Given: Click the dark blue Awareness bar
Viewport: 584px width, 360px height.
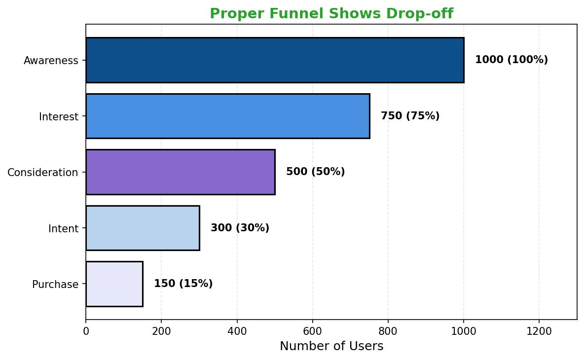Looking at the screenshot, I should tap(275, 60).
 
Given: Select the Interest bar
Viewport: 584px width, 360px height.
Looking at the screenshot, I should tap(227, 116).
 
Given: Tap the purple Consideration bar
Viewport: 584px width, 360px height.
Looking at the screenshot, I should tap(180, 172).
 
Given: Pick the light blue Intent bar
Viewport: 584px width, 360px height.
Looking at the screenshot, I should tap(143, 228).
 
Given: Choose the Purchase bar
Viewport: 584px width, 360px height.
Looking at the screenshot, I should tap(114, 284).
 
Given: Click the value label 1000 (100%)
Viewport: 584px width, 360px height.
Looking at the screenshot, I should tap(511, 60).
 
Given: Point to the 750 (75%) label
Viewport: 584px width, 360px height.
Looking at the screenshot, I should tap(410, 116).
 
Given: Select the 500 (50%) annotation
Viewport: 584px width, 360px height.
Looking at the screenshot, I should tap(315, 172).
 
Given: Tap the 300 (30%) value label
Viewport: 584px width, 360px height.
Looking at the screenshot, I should tap(240, 228).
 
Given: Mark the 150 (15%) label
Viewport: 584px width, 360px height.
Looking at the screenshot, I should tap(183, 284).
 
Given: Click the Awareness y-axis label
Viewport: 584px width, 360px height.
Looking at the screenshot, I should tap(51, 61).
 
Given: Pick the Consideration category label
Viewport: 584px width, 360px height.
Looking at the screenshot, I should tap(42, 173).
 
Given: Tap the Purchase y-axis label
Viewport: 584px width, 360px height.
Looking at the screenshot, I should tap(55, 285).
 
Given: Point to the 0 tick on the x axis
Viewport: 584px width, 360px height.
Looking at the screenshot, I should tap(86, 331).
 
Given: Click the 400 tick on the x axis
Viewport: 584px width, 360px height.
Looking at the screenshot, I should tap(237, 331).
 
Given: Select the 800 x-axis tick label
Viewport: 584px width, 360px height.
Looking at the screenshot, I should tap(388, 331).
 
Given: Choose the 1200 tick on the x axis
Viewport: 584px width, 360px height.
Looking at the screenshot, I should tap(539, 331).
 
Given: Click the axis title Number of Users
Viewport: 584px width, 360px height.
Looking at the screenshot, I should tap(331, 346).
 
